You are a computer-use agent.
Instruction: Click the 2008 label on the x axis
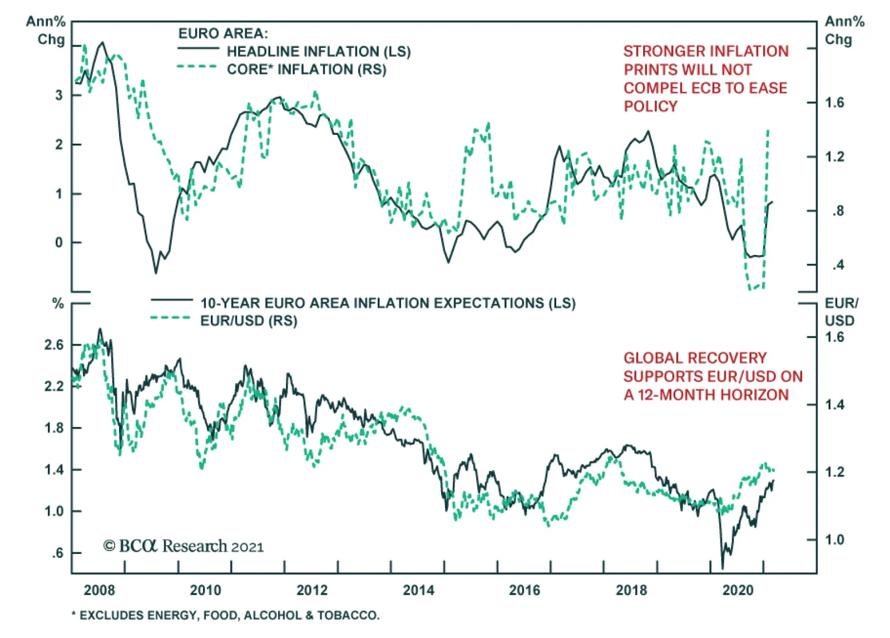coord(99,590)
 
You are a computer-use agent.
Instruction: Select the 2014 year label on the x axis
coord(418,590)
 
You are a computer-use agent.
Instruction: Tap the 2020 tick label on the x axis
coord(738,590)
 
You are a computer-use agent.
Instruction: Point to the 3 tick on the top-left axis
coord(59,95)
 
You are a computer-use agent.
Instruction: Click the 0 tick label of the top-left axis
coord(59,243)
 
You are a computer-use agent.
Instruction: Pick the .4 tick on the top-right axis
coord(838,265)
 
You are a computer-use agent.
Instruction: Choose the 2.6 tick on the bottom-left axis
coord(54,345)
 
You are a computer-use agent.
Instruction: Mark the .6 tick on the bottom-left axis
coord(57,553)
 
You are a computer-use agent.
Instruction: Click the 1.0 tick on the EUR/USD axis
coord(834,539)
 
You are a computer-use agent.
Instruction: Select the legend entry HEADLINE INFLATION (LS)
coord(318,52)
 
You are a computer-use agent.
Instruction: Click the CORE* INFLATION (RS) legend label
coord(306,70)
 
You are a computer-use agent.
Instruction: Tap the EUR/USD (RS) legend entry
coord(249,321)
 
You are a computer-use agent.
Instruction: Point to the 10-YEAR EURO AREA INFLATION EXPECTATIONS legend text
coord(388,303)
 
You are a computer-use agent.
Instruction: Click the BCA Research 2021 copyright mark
coord(184,546)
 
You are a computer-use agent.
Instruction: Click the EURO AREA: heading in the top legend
coord(222,33)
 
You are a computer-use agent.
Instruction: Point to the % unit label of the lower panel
coord(58,304)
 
